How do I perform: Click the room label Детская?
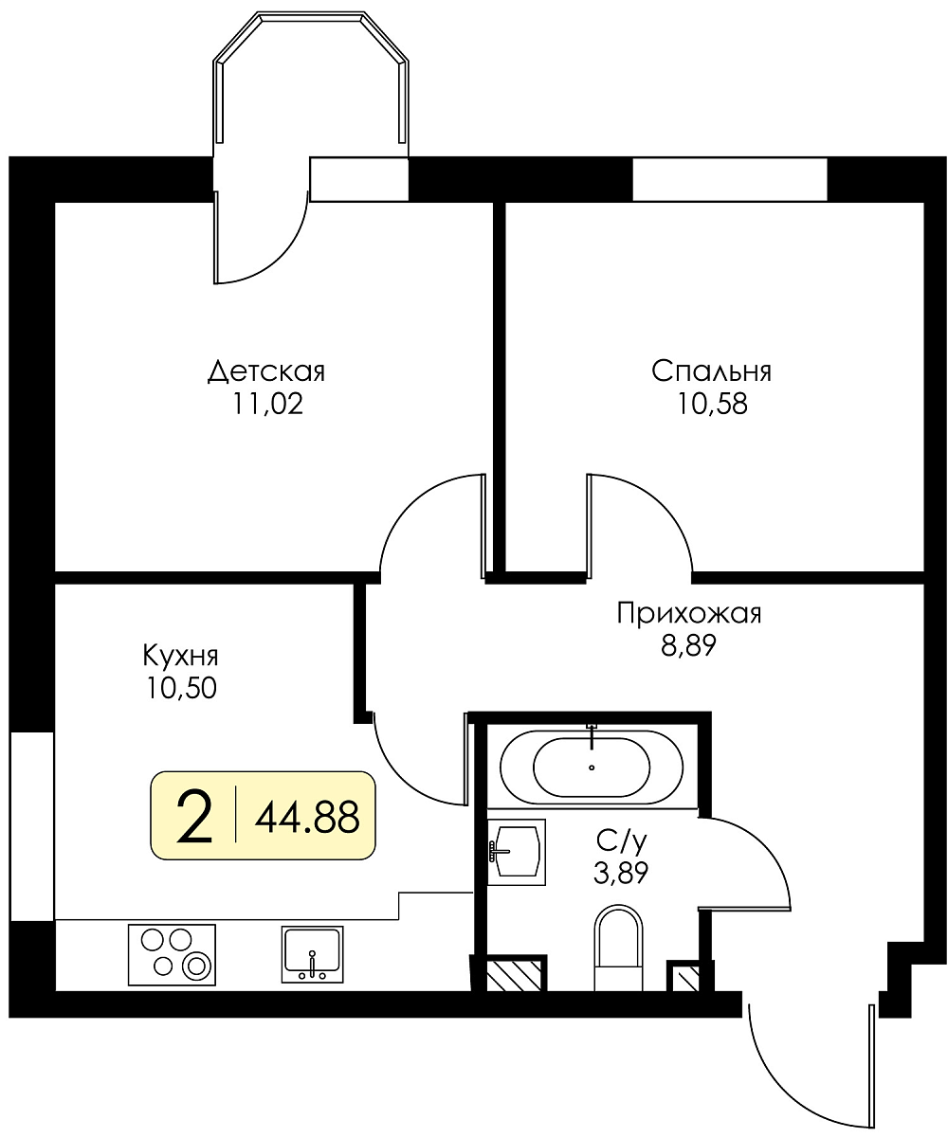coord(266,372)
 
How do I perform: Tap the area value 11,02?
coord(268,404)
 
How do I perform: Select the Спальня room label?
coord(711,371)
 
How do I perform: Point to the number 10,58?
coord(712,404)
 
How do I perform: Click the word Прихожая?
coord(689,614)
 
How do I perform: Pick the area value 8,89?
coord(688,646)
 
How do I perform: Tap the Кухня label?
coord(180,656)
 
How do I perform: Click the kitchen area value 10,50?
coord(181,688)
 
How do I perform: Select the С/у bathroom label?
coord(621,841)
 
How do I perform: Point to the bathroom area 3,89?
coord(621,873)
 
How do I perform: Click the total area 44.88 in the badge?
coord(307,817)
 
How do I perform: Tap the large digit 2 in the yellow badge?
coord(194,817)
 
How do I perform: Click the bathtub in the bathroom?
coord(592,768)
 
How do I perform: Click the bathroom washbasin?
coord(517,852)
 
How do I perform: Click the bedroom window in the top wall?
coord(730,179)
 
